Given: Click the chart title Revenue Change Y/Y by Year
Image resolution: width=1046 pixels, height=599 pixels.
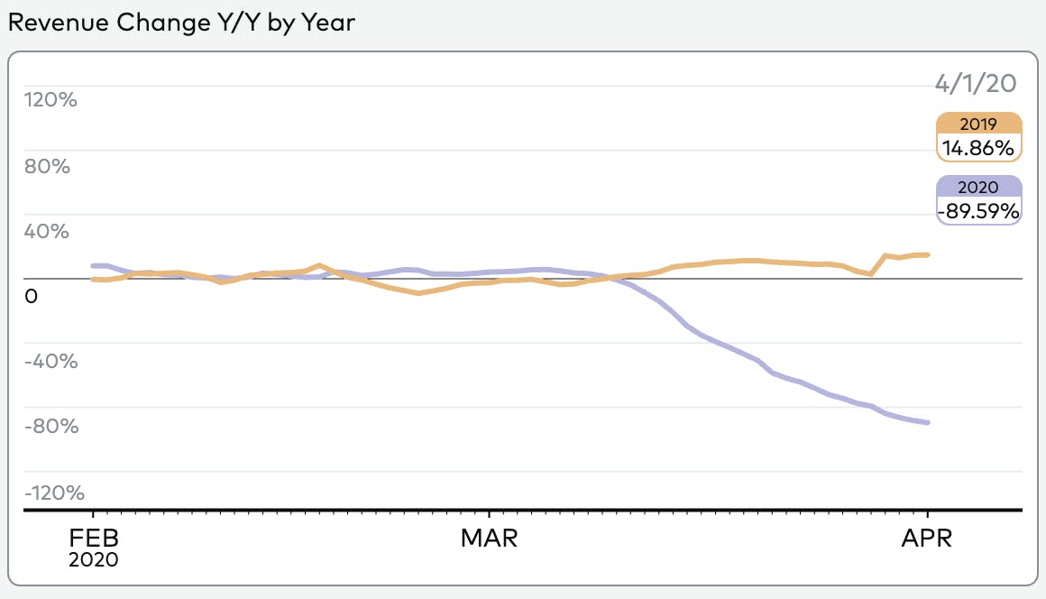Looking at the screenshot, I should coord(181,23).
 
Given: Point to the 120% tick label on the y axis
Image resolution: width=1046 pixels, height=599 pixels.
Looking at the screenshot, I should coord(51,99).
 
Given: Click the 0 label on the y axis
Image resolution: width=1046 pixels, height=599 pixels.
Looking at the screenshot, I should coord(32,296).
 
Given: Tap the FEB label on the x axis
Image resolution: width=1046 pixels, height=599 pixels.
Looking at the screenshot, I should coord(93,539).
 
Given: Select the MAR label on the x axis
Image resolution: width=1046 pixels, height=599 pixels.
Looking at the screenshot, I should coord(489,539).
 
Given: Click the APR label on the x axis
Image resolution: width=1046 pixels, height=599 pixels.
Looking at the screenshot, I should coord(928,539).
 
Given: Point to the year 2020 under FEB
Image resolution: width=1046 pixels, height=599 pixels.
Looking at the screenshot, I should coord(93,559).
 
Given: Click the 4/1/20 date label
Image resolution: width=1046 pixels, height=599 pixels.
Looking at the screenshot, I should coord(976,84).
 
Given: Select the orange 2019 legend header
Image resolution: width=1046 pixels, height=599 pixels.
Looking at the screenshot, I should coord(979,124).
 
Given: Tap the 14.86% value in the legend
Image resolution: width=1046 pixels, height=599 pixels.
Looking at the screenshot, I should coord(979,146).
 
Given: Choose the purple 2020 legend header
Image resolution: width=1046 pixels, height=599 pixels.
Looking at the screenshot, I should coord(979,188).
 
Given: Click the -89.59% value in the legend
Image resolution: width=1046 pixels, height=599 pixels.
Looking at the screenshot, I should coord(979,211).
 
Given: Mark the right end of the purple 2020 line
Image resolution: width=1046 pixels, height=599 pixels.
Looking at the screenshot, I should coord(929,422).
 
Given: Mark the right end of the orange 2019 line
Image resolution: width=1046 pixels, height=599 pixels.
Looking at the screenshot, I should coord(929,254).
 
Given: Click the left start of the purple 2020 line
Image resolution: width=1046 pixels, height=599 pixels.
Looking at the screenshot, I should coord(94,265).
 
